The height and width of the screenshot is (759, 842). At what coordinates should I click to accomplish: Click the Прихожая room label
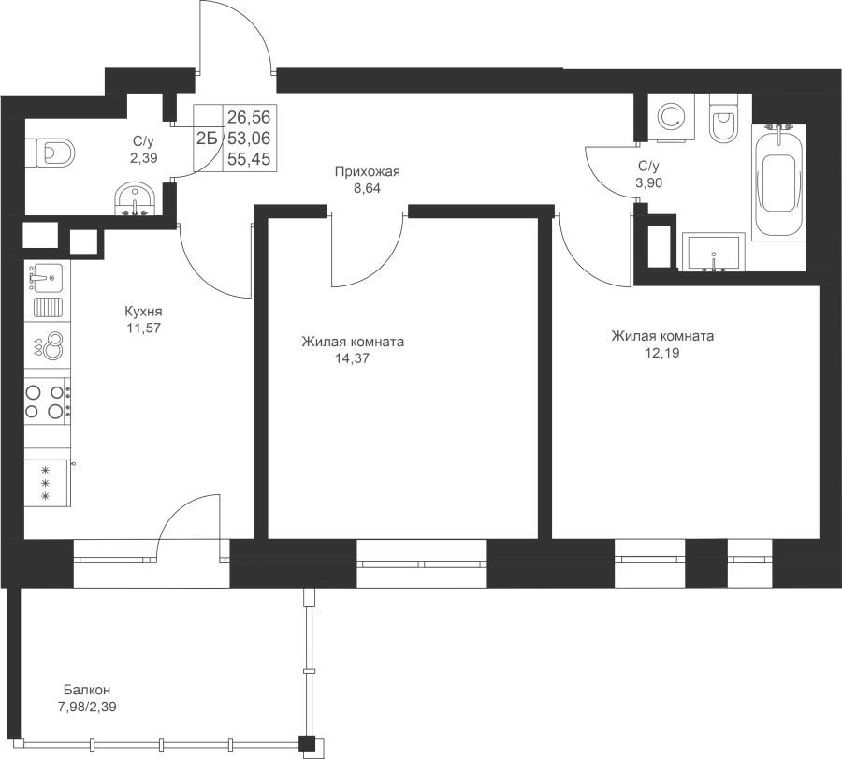click(368, 172)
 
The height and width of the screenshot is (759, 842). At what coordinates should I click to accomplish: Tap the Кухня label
click(143, 312)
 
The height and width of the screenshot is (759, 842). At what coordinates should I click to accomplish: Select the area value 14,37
click(353, 358)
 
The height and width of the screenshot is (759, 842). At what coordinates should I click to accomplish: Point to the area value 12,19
click(662, 353)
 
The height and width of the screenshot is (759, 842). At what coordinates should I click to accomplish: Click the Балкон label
click(87, 690)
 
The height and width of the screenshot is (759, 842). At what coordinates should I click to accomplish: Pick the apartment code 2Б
click(207, 139)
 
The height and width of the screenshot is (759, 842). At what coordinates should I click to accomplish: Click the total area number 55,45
click(249, 159)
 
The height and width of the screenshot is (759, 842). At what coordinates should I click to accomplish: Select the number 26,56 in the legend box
click(249, 117)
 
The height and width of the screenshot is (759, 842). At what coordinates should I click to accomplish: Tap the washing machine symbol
click(671, 118)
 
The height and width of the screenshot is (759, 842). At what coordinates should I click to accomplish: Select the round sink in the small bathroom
click(135, 199)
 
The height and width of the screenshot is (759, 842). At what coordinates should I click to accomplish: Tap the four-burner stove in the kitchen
click(48, 401)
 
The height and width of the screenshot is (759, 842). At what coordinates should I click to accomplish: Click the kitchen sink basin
click(47, 278)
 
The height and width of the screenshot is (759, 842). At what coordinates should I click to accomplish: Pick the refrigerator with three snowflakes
click(48, 483)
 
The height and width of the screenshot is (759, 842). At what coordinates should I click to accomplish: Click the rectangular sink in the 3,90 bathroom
click(714, 252)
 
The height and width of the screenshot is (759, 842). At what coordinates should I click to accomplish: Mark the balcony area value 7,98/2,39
click(87, 707)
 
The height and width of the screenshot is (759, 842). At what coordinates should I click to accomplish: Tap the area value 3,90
click(648, 183)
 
